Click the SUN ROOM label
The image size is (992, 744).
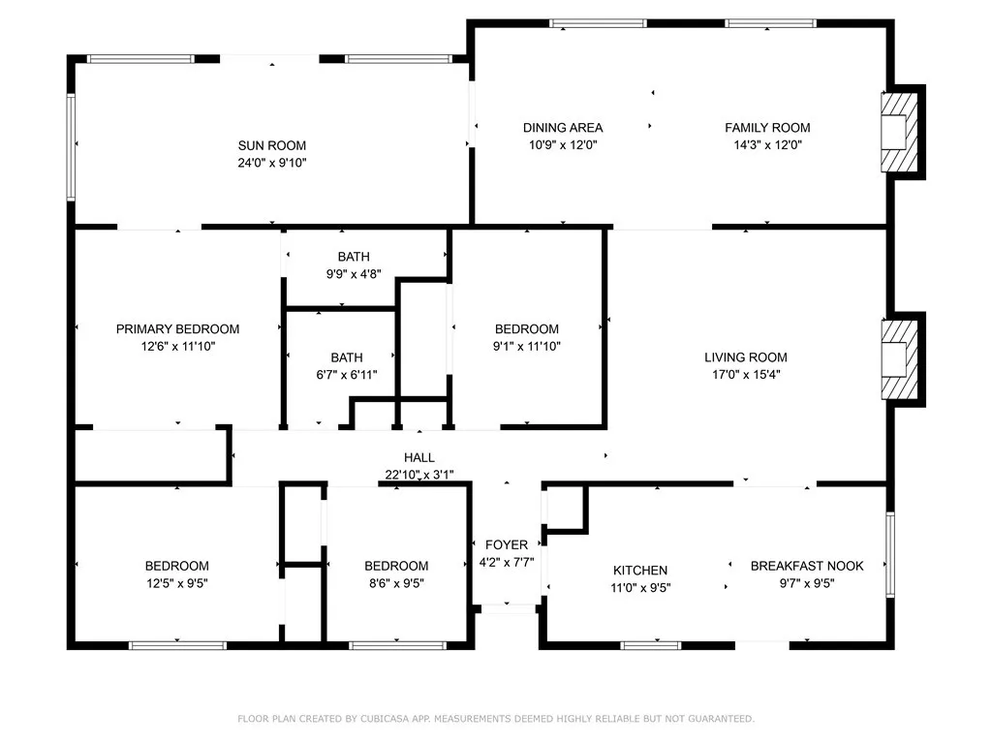pos(272,145)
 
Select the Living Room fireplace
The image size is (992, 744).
pos(899,359)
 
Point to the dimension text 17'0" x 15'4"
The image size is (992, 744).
pos(746,375)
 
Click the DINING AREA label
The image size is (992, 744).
pos(563,128)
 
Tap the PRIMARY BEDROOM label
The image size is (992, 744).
pos(178,329)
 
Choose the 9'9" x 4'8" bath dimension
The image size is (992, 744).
pos(354,274)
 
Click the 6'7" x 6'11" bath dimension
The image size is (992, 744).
pos(347,375)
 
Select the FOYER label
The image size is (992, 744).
pos(507,544)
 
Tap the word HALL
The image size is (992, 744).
pos(419,457)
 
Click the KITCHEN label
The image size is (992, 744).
pos(640,570)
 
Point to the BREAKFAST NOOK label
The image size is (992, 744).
pos(807,566)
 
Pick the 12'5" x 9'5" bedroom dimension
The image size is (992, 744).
pos(177,583)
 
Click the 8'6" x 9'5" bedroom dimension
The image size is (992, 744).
pos(396,583)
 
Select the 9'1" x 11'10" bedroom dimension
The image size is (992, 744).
pos(527,346)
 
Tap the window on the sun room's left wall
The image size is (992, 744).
pos(71,147)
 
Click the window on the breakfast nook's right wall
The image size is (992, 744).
pos(890,555)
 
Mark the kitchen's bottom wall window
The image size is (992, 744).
pos(650,645)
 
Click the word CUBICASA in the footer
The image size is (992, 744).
pos(385,719)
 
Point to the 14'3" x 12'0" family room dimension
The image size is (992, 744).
pos(767,145)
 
